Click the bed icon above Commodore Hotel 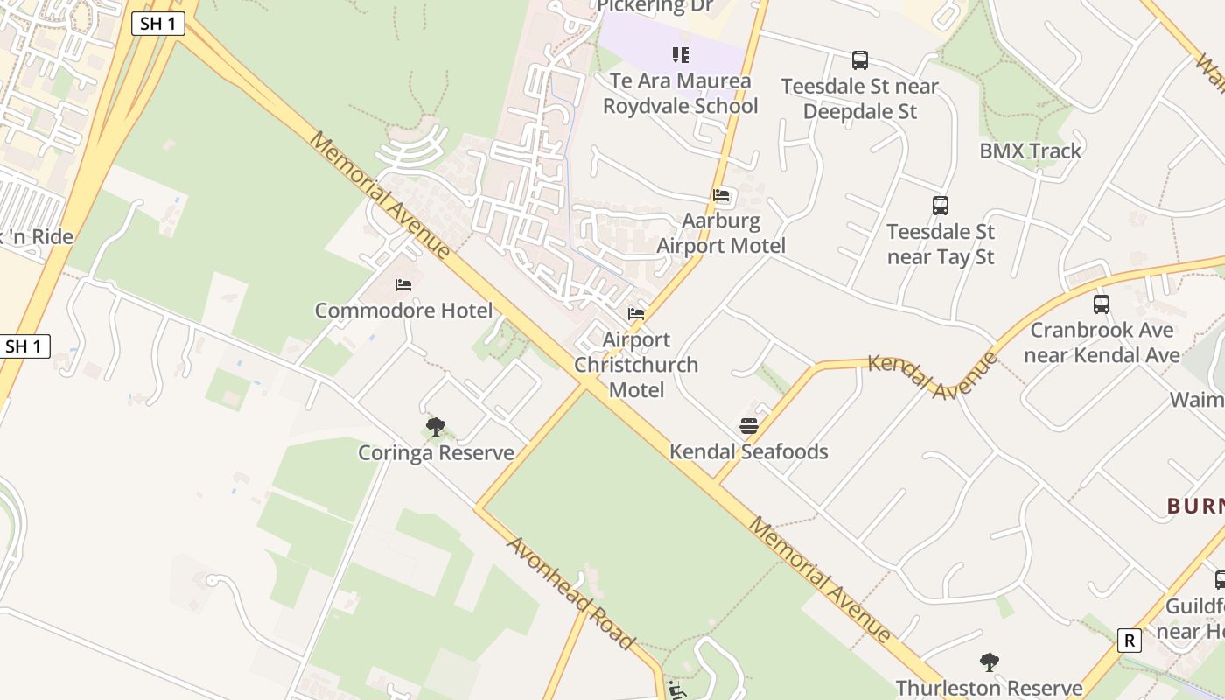click(403, 284)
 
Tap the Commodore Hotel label click(403, 311)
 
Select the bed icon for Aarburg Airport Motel click(721, 195)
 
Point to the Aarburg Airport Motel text click(721, 234)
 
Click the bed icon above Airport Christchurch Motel click(636, 313)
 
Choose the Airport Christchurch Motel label click(636, 365)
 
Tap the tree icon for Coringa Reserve click(435, 427)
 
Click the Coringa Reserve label click(436, 453)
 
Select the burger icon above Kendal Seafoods click(748, 426)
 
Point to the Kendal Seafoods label click(748, 451)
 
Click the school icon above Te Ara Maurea click(681, 55)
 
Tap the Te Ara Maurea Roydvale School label click(681, 94)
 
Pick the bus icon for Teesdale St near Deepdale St click(860, 60)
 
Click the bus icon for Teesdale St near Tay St click(941, 206)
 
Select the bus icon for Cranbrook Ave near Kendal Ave click(1102, 304)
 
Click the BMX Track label click(1030, 150)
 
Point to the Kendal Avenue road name click(933, 374)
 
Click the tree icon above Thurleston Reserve click(990, 662)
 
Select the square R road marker click(1130, 640)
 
